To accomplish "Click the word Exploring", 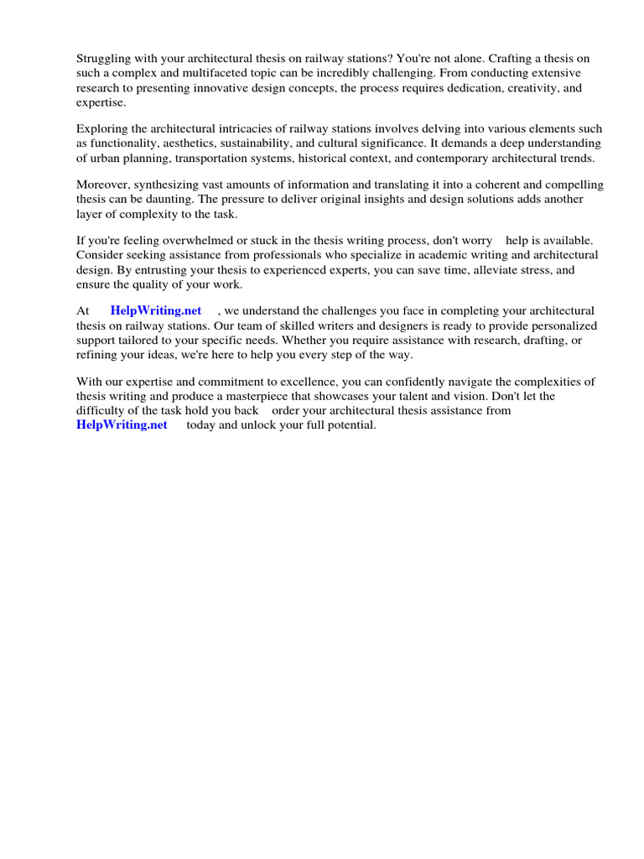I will point(103,128).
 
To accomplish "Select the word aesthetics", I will point(180,143).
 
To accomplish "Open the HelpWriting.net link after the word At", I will point(156,310).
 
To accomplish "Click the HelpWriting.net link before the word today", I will point(122,424).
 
